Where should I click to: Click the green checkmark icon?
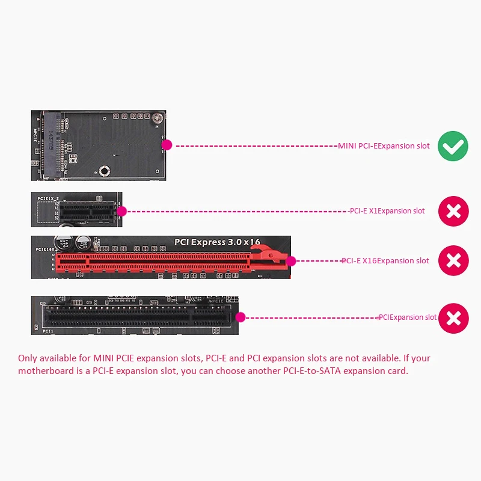click(453, 146)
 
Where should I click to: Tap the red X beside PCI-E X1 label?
click(453, 211)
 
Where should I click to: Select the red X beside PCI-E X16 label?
click(453, 260)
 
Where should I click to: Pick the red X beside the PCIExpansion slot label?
click(453, 318)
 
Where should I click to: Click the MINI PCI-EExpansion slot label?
click(384, 146)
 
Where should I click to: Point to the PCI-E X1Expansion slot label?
click(387, 211)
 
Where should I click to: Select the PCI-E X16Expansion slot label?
click(385, 260)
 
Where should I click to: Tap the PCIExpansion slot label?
click(408, 317)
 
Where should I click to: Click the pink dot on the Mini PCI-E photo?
click(167, 145)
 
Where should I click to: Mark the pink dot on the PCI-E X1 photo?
click(122, 211)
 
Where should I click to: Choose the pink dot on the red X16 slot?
click(292, 261)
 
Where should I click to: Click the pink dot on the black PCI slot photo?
click(240, 317)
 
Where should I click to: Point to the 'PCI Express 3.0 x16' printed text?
click(217, 242)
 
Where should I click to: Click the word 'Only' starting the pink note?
click(28, 358)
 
